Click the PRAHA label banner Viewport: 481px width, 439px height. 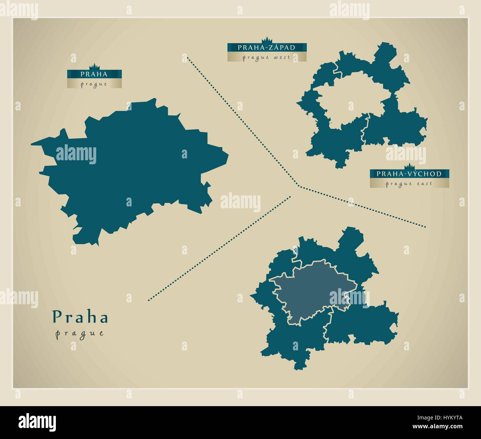coord(94,74)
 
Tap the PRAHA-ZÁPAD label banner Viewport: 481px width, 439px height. coord(266,47)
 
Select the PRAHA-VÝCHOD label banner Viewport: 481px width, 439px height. coord(409,174)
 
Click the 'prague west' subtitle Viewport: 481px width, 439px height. coord(266,58)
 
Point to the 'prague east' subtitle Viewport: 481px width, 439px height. coord(409,184)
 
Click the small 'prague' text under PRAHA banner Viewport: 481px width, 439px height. coord(94,84)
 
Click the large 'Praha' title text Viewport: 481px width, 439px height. coord(80,317)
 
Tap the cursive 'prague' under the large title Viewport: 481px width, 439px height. coord(80,333)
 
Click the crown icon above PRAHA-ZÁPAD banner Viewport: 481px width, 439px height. coord(266,40)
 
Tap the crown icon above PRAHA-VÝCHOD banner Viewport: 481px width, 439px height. coord(409,166)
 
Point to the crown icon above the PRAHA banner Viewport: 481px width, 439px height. coord(95,66)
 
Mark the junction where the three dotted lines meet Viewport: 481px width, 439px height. coord(299,186)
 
